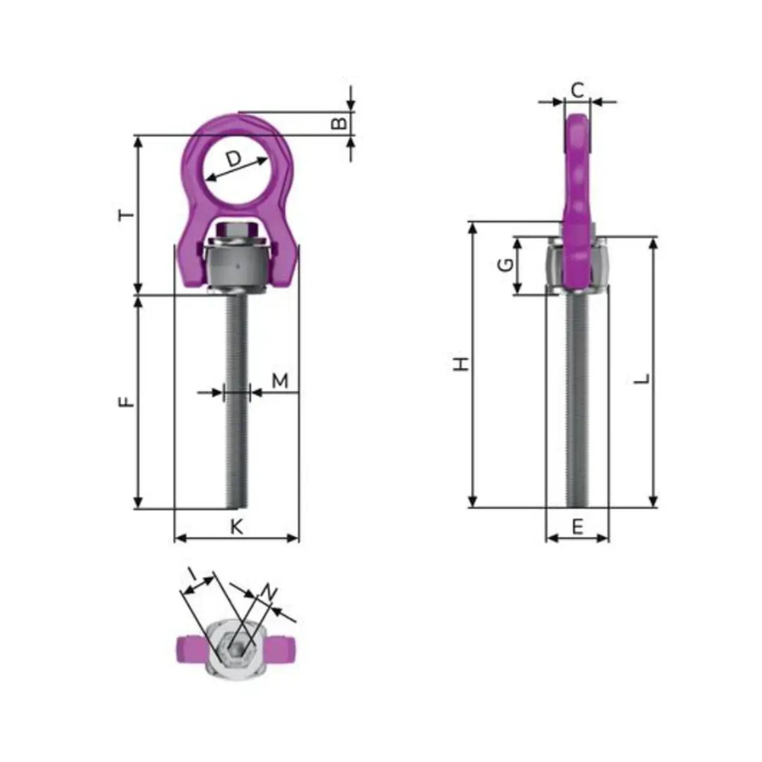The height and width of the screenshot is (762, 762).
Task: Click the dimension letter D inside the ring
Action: (234, 159)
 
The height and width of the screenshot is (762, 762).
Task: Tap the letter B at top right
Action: (339, 123)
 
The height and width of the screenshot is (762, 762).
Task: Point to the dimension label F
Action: (126, 402)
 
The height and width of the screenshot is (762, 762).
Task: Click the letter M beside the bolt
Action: (280, 380)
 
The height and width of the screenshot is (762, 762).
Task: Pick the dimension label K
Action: (237, 527)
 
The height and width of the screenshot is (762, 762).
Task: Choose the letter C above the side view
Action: (578, 91)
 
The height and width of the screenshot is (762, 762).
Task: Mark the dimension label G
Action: (506, 265)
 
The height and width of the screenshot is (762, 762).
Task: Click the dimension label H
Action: (461, 364)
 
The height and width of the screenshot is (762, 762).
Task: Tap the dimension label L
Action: (642, 379)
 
